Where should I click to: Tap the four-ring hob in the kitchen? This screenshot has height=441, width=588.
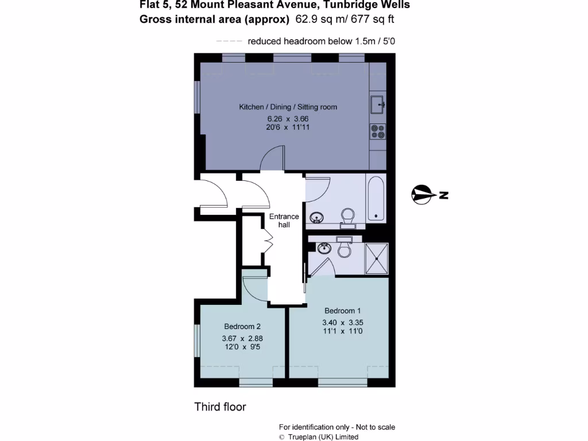pyautogui.click(x=378, y=132)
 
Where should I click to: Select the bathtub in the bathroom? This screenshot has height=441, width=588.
pyautogui.click(x=376, y=199)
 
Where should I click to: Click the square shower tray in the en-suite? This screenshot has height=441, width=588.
pyautogui.click(x=377, y=259)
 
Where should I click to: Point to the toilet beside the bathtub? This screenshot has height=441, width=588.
pyautogui.click(x=347, y=217)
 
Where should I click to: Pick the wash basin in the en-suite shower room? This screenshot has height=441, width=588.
pyautogui.click(x=324, y=248)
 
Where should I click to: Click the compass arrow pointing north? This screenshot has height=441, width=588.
pyautogui.click(x=424, y=195)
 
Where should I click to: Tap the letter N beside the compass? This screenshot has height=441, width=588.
pyautogui.click(x=443, y=195)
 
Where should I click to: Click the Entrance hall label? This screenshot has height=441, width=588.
pyautogui.click(x=284, y=220)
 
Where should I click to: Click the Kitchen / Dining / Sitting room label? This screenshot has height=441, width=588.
pyautogui.click(x=288, y=107)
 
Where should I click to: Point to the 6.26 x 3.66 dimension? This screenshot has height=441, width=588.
pyautogui.click(x=288, y=119)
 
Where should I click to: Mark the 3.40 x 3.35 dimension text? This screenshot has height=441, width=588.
pyautogui.click(x=343, y=322)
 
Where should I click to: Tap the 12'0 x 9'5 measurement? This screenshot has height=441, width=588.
pyautogui.click(x=242, y=347)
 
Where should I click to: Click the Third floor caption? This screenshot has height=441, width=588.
pyautogui.click(x=220, y=407)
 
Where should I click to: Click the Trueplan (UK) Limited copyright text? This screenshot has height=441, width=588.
pyautogui.click(x=323, y=437)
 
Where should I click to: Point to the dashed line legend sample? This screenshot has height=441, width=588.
pyautogui.click(x=229, y=41)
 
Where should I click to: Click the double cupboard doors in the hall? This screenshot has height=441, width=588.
pyautogui.click(x=266, y=240)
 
